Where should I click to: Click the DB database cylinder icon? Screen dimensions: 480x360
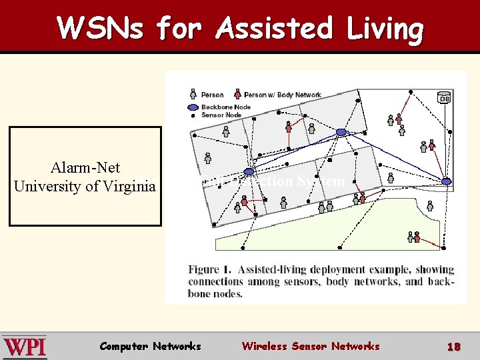pos(443,97)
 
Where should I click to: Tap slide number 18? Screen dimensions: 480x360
pos(454,347)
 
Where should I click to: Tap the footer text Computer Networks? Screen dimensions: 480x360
pos(150,346)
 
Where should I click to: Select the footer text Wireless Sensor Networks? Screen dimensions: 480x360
pos(310,346)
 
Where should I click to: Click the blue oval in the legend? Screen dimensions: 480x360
pos(192,107)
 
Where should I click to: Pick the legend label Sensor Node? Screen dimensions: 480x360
pos(221,115)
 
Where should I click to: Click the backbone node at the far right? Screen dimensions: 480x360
pos(446,181)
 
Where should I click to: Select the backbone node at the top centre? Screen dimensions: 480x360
pos(341,132)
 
